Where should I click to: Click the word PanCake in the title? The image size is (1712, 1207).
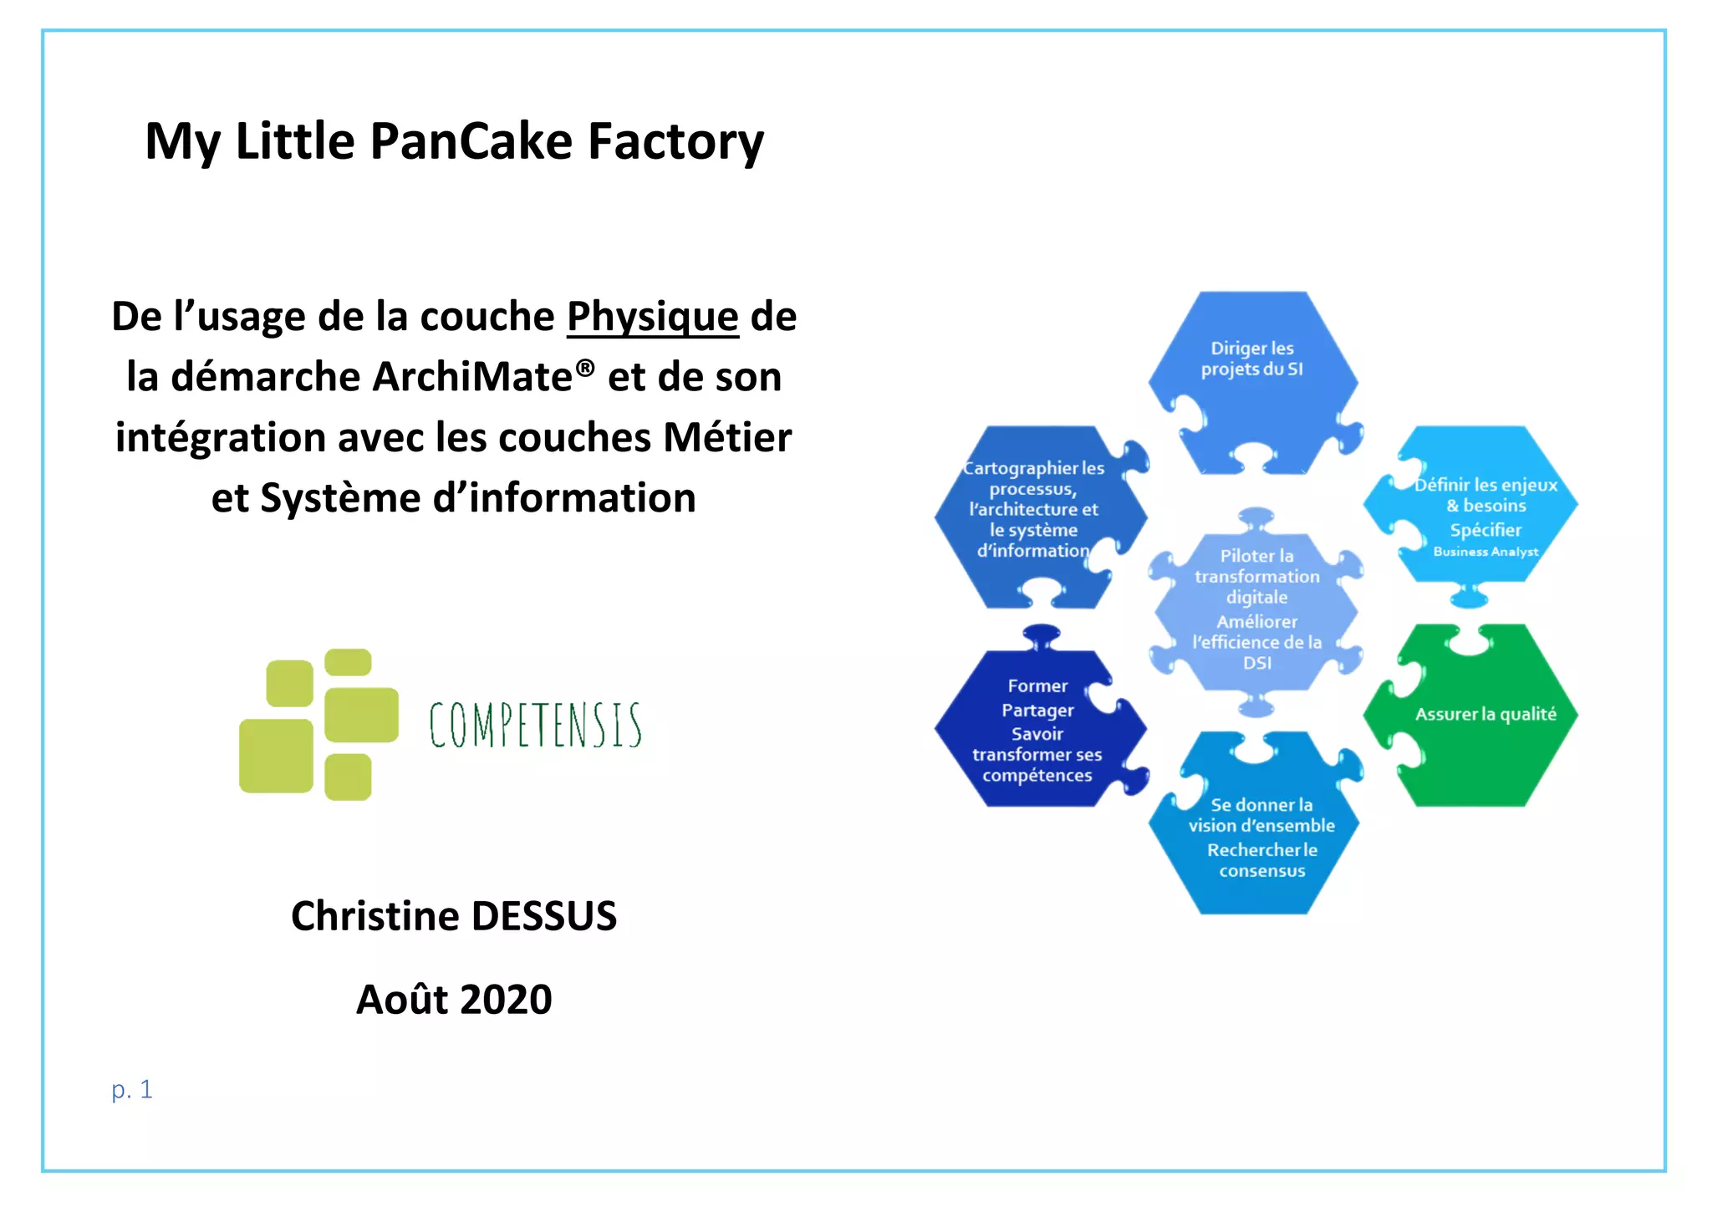[471, 140]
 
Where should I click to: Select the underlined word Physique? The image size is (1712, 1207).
[652, 317]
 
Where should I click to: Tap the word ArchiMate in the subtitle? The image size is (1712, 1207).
[471, 377]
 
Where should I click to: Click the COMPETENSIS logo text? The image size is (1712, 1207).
[535, 725]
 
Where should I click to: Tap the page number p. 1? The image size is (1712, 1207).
[132, 1090]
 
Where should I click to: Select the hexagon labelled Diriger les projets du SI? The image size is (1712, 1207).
[1251, 376]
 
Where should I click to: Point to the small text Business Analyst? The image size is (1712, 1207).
[1485, 552]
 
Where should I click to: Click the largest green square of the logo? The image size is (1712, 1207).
[276, 756]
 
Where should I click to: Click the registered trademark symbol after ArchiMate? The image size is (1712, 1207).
[586, 368]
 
